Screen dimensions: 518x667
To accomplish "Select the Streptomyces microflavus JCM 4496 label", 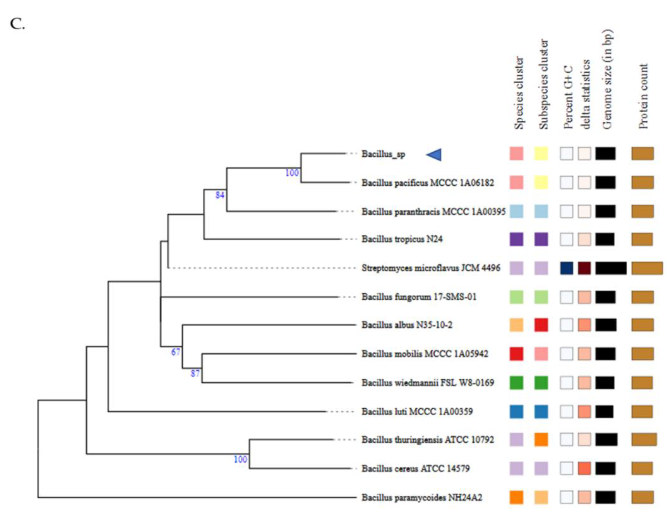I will coord(431,268).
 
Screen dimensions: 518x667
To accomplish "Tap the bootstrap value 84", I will coord(220,195).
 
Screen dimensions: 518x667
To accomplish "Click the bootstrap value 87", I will coord(195,373).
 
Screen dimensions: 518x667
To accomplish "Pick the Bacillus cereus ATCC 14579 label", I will coord(415,468).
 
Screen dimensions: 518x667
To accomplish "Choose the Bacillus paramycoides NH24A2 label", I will coord(422,497).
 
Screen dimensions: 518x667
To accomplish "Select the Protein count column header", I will coord(643,96).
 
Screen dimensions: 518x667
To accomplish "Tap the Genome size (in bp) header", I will coord(607,79).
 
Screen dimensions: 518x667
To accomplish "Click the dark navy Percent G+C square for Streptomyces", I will coord(566,268).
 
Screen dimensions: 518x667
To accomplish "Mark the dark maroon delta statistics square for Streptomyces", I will coord(584,268).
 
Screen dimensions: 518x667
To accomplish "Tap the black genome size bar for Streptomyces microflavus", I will coord(611,268).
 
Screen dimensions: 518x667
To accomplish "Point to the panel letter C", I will coord(17,24).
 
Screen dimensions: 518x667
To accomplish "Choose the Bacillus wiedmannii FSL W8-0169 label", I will coord(427,382).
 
